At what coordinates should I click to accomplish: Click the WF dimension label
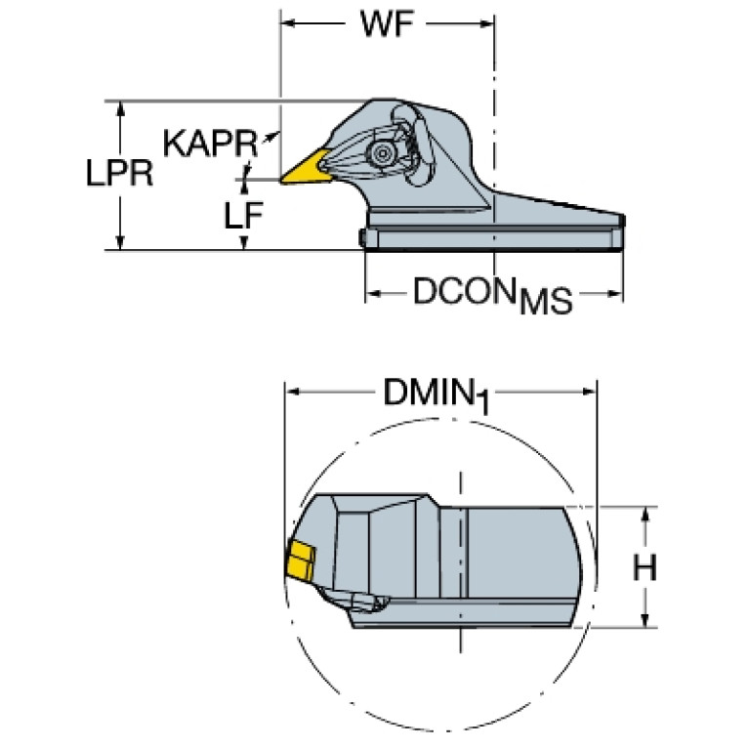(387, 23)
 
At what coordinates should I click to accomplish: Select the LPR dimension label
(119, 173)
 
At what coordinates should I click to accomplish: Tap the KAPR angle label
(210, 143)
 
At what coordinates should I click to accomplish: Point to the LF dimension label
(243, 215)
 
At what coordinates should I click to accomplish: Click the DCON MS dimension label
(492, 295)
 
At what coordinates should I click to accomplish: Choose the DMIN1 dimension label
(437, 395)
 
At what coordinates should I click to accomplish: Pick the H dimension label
(645, 568)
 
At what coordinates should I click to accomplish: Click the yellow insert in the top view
(306, 167)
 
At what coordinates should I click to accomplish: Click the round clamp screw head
(382, 154)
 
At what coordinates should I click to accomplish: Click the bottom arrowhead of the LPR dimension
(120, 242)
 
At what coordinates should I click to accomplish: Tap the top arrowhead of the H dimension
(645, 515)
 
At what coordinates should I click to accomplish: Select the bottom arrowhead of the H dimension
(645, 620)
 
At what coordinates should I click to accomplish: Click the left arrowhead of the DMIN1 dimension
(293, 392)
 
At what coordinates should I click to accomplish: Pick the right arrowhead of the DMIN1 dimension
(589, 392)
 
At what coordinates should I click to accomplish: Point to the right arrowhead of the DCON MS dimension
(615, 293)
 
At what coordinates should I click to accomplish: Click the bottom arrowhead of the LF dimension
(244, 242)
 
